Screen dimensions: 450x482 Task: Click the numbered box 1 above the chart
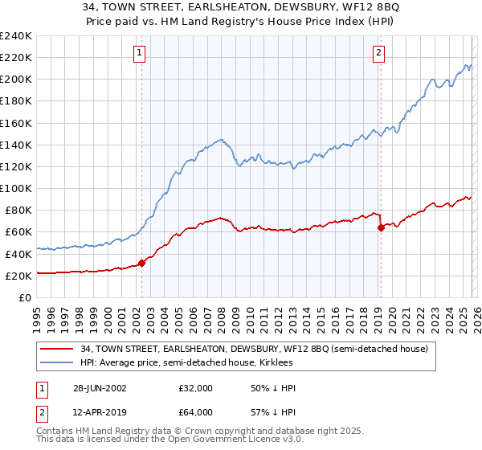click(140, 53)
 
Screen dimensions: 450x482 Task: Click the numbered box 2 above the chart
click(378, 53)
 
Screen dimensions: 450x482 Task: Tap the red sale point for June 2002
click(142, 262)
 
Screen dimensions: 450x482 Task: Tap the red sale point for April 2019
click(381, 227)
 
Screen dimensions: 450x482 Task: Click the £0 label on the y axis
click(24, 297)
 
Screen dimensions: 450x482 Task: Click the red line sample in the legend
click(58, 349)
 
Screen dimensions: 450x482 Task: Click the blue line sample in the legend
click(58, 362)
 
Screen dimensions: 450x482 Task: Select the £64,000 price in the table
click(195, 411)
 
